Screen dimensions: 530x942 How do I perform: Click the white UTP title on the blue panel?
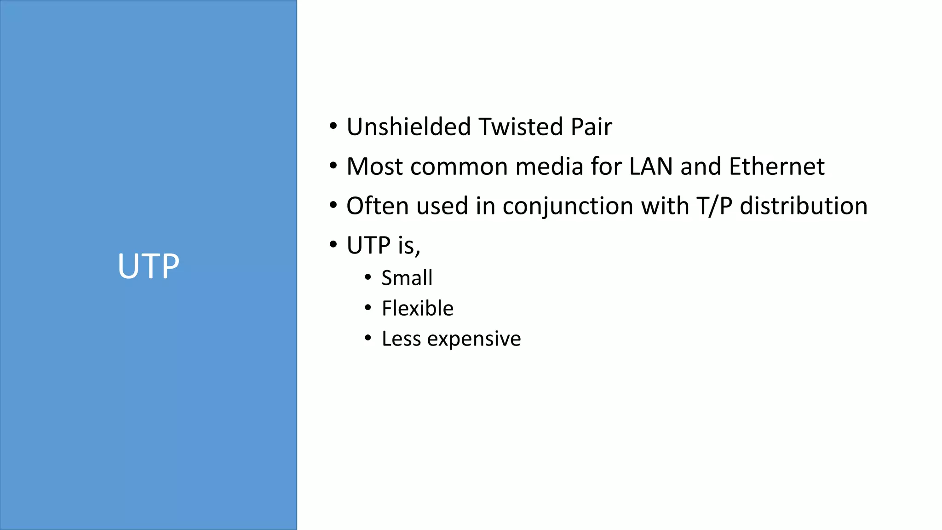148,266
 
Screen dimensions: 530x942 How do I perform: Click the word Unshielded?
408,127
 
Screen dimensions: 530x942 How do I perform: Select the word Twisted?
520,127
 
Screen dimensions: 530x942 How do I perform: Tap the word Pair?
591,127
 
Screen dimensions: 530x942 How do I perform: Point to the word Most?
374,166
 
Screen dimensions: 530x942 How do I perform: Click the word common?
459,166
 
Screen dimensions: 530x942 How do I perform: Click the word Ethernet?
777,166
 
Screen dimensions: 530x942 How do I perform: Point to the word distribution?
804,206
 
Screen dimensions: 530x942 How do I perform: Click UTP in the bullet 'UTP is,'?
368,245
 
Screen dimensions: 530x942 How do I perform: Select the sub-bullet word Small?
407,278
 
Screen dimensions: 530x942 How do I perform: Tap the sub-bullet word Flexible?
418,308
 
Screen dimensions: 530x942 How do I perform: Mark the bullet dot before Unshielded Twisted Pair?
333,126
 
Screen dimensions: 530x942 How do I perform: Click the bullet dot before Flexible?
368,307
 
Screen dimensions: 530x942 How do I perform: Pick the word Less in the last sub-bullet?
401,339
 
